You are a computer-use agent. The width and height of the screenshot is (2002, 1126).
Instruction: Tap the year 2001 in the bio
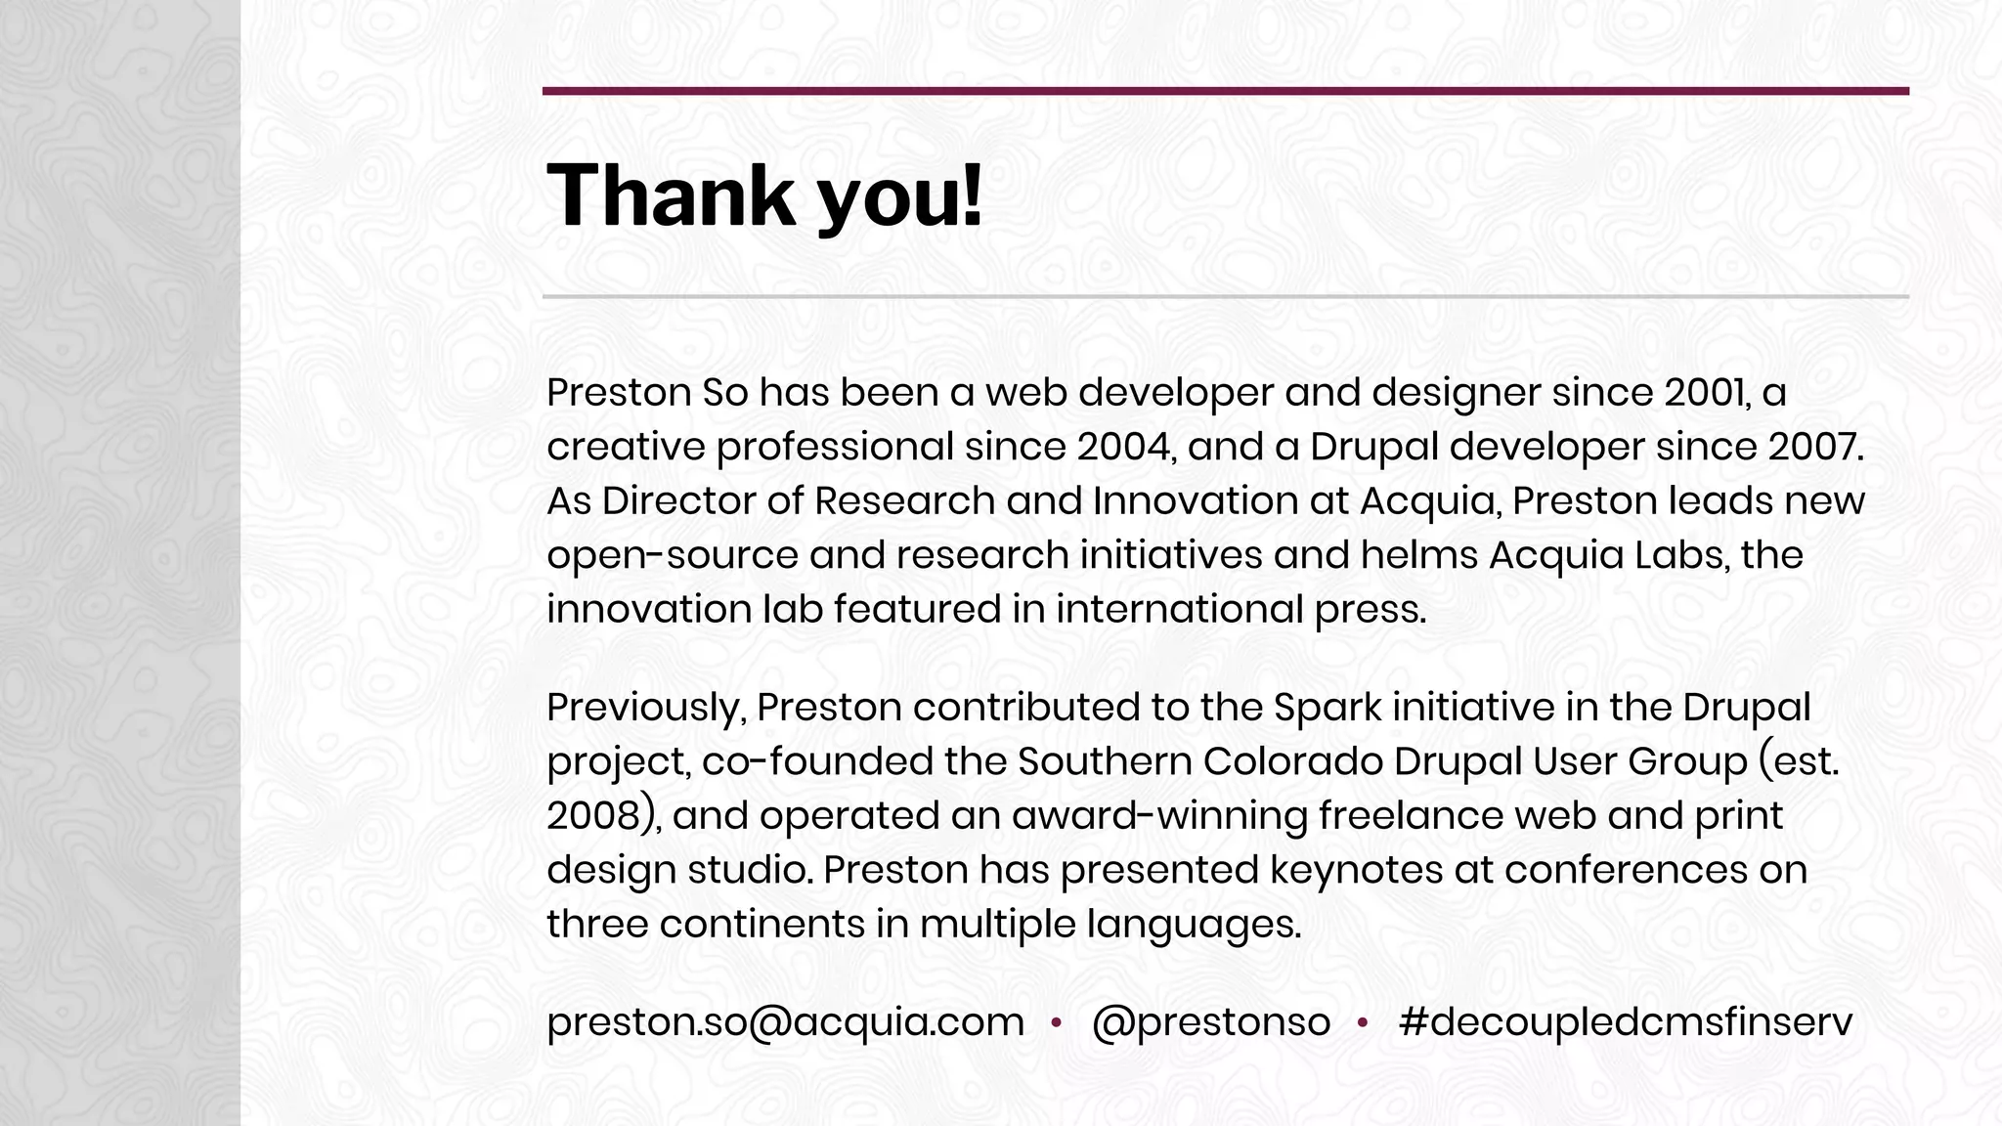pyautogui.click(x=1704, y=393)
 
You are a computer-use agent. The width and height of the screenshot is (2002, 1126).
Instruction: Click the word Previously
pyautogui.click(x=645, y=708)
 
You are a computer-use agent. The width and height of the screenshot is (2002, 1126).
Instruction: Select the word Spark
pyautogui.click(x=1327, y=708)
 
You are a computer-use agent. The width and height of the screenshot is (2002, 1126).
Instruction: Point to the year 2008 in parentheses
pyautogui.click(x=592, y=816)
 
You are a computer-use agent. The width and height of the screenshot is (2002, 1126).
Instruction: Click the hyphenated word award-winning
pyautogui.click(x=1159, y=816)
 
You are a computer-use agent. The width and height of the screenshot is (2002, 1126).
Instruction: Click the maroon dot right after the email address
pyautogui.click(x=1056, y=1023)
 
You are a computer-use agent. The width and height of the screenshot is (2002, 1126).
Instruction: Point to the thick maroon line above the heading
pyautogui.click(x=1225, y=91)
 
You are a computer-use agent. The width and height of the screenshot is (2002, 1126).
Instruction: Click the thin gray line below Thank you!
pyautogui.click(x=1225, y=296)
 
